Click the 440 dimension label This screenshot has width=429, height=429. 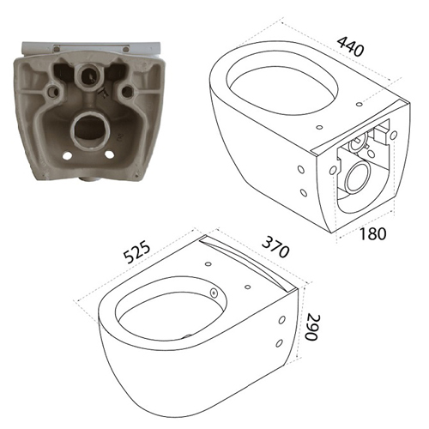click(x=351, y=46)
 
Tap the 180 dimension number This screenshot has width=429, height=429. click(x=372, y=233)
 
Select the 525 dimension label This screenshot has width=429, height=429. click(x=136, y=251)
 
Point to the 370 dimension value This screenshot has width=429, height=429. click(x=275, y=247)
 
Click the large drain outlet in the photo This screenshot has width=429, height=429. click(x=88, y=129)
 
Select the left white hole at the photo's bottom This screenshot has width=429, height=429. click(x=67, y=155)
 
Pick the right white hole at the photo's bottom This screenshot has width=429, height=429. click(x=109, y=154)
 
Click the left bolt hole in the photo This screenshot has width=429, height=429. click(x=54, y=91)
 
